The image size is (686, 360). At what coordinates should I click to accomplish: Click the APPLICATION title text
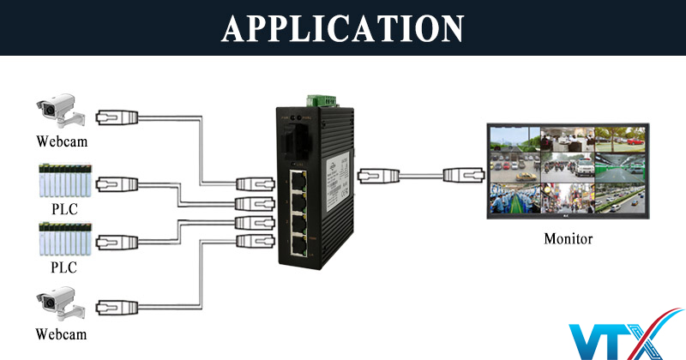click(343, 27)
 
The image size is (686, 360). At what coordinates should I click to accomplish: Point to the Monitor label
click(568, 237)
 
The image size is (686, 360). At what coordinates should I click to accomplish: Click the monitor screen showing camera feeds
click(568, 169)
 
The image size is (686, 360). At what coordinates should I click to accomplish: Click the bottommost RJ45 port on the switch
click(298, 247)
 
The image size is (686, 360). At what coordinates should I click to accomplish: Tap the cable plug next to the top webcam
click(115, 117)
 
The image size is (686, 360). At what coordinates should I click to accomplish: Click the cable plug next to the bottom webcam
click(115, 305)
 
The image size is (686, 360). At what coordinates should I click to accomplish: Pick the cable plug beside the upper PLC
click(115, 183)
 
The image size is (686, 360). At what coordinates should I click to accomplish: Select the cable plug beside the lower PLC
click(115, 243)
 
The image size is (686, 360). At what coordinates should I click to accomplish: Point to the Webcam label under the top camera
click(61, 140)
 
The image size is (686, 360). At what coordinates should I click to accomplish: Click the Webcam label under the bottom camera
click(61, 333)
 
